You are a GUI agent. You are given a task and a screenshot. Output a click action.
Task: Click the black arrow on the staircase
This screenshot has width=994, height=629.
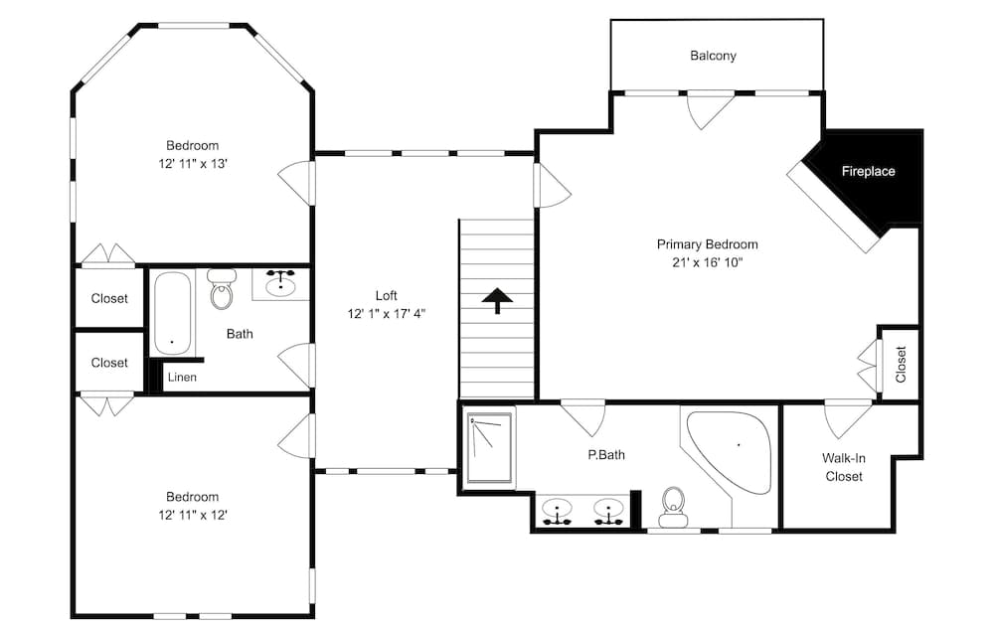(497, 300)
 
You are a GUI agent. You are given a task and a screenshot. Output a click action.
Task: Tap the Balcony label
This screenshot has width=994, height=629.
(713, 56)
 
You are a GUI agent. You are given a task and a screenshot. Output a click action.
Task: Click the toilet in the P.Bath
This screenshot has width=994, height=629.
(674, 503)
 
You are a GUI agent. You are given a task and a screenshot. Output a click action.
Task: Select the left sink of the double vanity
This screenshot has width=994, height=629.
(559, 511)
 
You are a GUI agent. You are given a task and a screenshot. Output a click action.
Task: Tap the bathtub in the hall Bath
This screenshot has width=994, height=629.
(172, 313)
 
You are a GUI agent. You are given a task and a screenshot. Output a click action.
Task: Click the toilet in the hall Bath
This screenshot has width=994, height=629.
(221, 289)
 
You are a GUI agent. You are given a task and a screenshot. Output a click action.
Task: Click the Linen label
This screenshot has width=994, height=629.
(182, 378)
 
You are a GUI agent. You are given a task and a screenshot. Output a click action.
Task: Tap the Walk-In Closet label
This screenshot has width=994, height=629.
(842, 467)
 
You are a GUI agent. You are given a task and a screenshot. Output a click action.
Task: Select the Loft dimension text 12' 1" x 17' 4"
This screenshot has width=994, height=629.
(386, 314)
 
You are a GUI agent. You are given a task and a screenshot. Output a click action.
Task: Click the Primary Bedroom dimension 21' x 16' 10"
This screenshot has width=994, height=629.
(707, 262)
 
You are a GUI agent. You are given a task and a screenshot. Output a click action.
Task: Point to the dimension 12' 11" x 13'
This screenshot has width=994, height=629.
(192, 164)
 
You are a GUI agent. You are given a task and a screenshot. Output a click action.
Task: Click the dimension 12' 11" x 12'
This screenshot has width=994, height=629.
(192, 515)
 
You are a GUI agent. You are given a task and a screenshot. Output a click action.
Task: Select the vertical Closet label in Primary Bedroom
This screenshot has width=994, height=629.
(901, 363)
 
